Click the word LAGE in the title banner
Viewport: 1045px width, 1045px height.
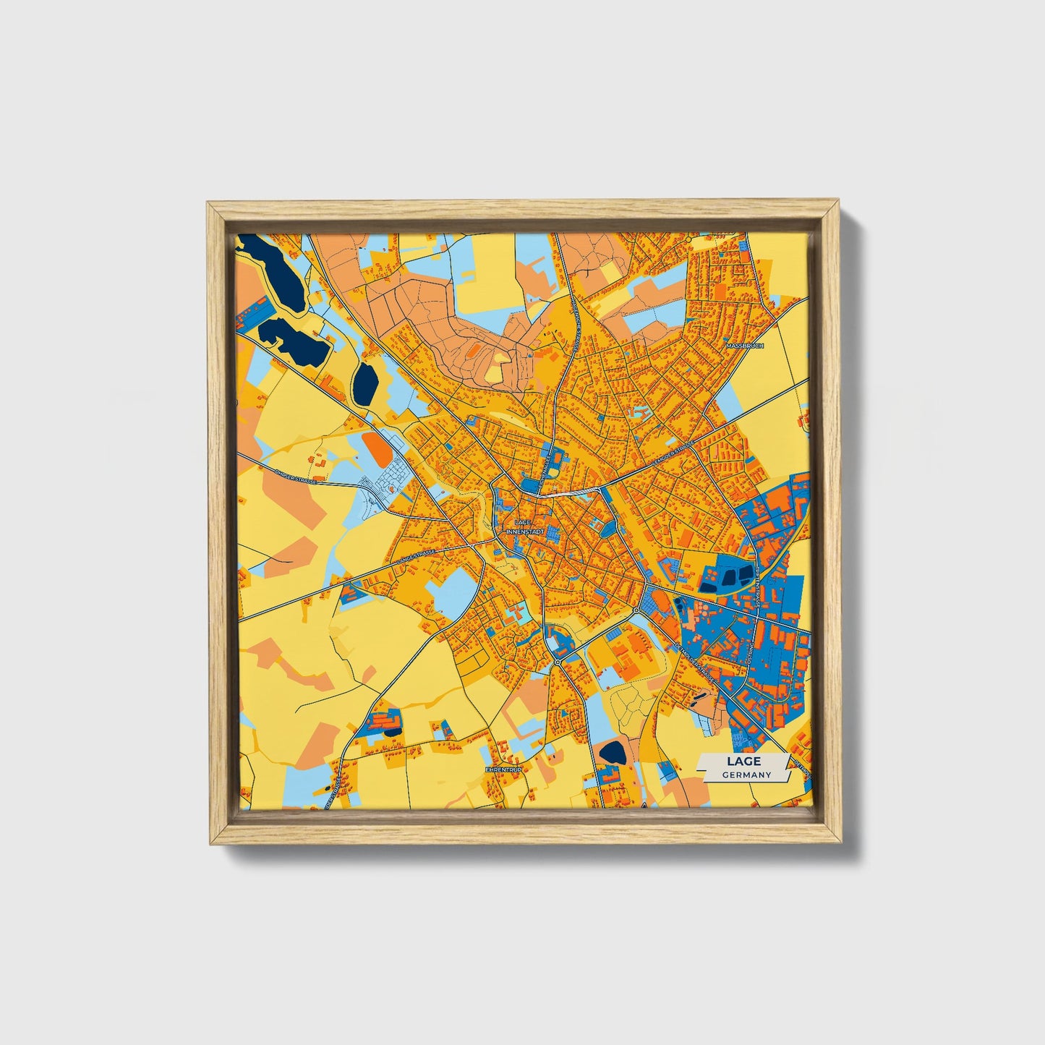click(x=744, y=762)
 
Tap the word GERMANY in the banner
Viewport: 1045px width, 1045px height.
click(x=746, y=775)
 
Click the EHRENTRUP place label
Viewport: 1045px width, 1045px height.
click(x=504, y=769)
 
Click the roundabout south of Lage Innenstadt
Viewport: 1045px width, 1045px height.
click(x=558, y=662)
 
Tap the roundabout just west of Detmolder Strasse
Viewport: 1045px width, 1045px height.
click(x=636, y=611)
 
